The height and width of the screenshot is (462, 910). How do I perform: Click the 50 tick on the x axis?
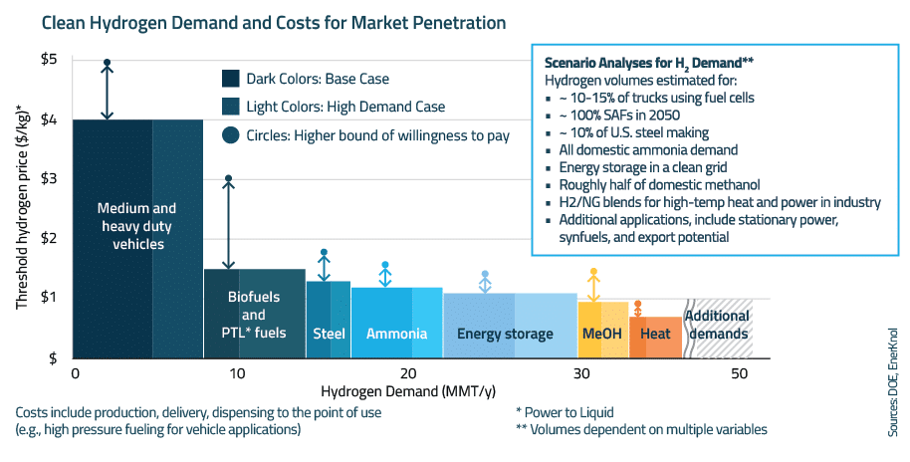pyautogui.click(x=738, y=372)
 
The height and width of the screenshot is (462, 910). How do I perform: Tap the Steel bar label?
pyautogui.click(x=329, y=334)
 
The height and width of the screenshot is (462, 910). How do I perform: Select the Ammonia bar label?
pyautogui.click(x=396, y=334)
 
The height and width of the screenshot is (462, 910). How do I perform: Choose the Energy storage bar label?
pyautogui.click(x=505, y=334)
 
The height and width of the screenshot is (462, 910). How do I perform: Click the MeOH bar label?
pyautogui.click(x=601, y=334)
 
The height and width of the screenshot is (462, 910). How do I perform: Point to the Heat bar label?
pyautogui.click(x=655, y=334)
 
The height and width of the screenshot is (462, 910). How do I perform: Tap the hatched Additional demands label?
pyautogui.click(x=717, y=326)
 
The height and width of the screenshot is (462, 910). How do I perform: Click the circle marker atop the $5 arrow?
pyautogui.click(x=107, y=63)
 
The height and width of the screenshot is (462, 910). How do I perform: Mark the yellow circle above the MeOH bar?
pyautogui.click(x=593, y=272)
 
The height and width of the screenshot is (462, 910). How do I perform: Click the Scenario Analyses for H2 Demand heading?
pyautogui.click(x=648, y=61)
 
